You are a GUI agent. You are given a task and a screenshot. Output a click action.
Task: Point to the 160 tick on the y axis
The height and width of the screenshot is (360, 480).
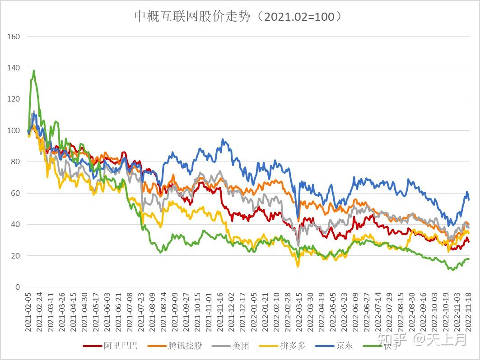tap(14, 37)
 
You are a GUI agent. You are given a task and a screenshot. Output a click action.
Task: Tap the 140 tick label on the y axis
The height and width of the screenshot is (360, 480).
tap(14, 68)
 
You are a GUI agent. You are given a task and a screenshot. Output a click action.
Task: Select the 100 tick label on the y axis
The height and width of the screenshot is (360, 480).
tap(14, 130)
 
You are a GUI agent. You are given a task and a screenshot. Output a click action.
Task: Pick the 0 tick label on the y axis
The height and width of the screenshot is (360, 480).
tap(18, 287)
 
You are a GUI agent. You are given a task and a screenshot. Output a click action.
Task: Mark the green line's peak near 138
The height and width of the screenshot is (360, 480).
tap(33, 70)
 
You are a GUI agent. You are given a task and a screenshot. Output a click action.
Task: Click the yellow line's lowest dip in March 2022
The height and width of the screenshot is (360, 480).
tap(298, 266)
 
